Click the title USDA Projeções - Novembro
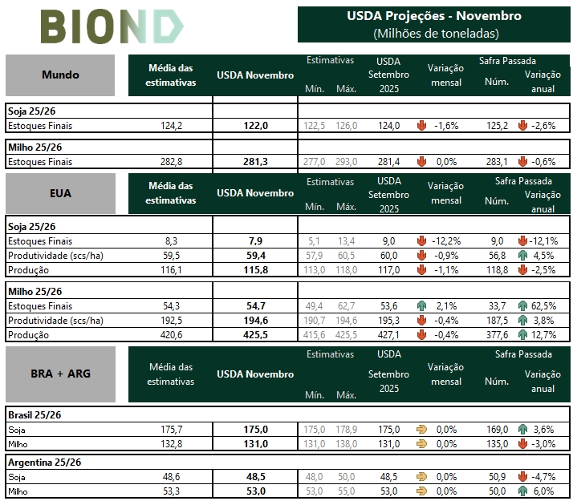434,16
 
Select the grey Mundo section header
60,75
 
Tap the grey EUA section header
60,193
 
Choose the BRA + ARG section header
60,374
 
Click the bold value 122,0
255,126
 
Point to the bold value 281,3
255,162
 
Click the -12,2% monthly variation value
445,240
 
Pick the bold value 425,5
255,335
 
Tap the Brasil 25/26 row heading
35,415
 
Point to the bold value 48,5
255,476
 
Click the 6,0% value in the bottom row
543,491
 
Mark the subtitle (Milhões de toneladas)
434,34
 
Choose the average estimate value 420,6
172,335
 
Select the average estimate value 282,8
172,162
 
